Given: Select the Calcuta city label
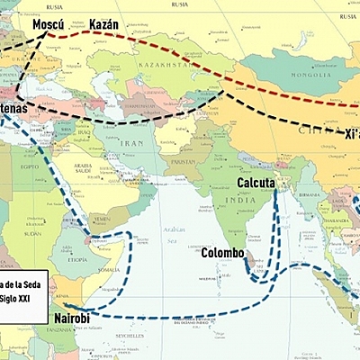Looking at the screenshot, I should tap(256, 183).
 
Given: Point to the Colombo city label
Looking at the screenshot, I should tap(223, 253).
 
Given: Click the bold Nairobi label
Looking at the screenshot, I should tap(73, 319).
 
